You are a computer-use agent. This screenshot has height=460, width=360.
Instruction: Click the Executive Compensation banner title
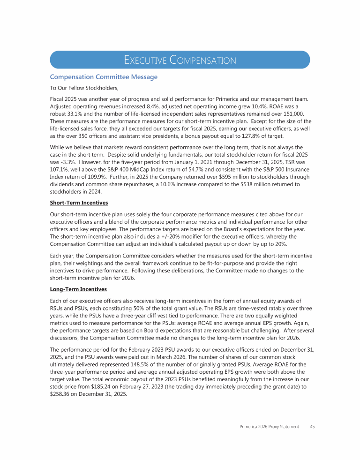click(x=180, y=60)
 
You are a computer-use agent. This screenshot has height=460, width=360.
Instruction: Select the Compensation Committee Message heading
click(x=104, y=77)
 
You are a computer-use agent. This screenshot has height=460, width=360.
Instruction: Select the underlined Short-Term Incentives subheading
click(x=79, y=203)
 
